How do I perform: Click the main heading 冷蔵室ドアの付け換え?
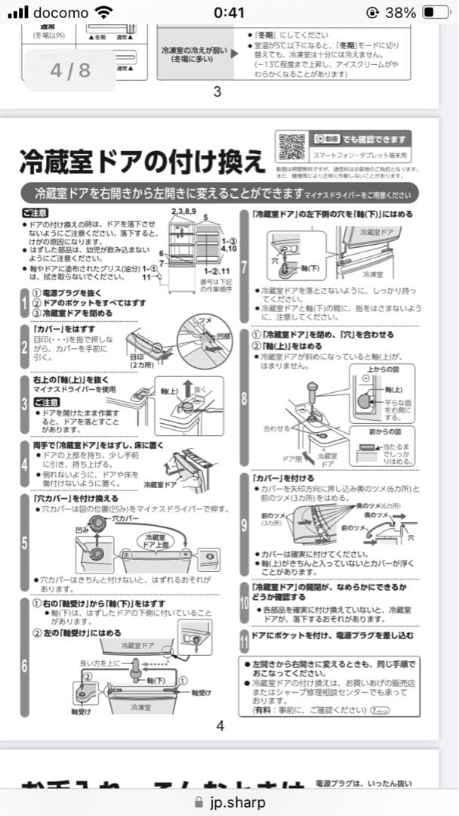tap(142, 161)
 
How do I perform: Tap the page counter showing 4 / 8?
tap(69, 70)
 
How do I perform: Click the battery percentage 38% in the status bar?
tap(399, 13)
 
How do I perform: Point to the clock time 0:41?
tap(229, 13)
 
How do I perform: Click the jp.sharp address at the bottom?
tap(236, 802)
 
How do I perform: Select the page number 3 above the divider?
tap(217, 92)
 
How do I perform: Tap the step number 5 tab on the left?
tap(25, 542)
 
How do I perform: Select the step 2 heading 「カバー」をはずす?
tap(65, 329)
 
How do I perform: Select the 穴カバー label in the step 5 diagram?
tap(125, 519)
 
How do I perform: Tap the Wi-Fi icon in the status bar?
tap(103, 13)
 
